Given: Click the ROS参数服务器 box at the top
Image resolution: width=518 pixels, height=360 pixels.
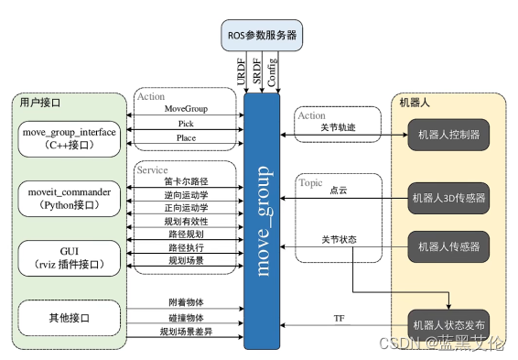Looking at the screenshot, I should [262, 36].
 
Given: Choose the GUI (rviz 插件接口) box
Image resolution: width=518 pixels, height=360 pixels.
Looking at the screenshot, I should [70, 257].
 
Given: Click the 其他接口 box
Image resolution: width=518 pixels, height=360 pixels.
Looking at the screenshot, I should [70, 318].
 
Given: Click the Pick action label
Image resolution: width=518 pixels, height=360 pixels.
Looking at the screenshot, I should [186, 123].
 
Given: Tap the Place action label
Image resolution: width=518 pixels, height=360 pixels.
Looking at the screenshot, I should [186, 138].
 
